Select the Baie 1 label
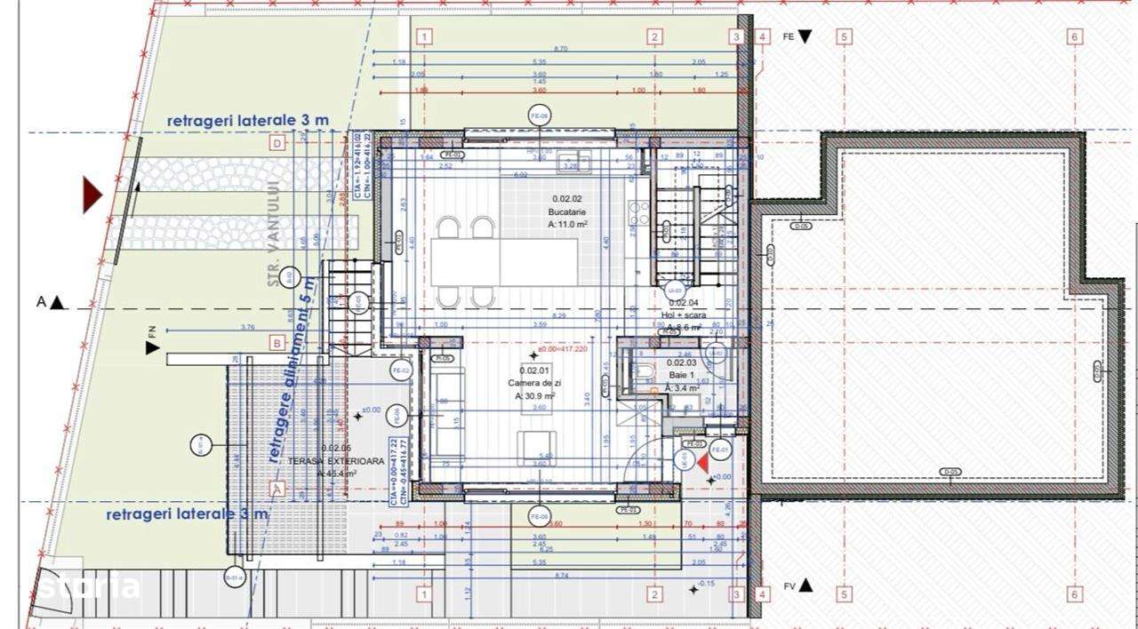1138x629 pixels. (681, 375)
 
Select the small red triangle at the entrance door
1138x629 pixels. (702, 461)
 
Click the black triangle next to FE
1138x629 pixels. (805, 36)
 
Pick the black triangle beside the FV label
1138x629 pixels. (806, 585)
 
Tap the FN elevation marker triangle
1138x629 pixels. (153, 348)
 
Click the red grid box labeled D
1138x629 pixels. (276, 143)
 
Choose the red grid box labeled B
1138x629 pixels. (276, 343)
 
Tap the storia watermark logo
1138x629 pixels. (89, 586)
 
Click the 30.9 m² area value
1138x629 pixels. (535, 396)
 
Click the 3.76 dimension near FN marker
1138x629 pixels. (247, 327)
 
